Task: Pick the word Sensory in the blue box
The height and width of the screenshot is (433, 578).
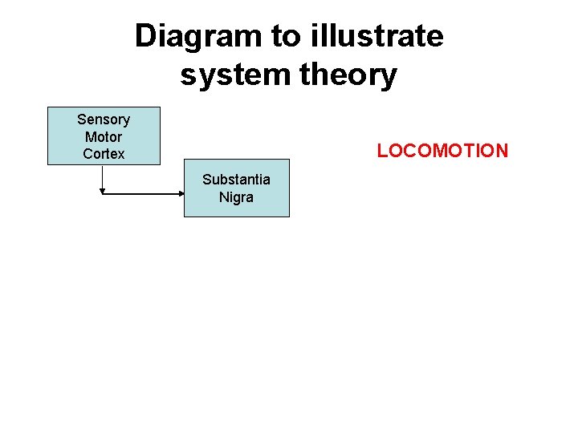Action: pos(104,119)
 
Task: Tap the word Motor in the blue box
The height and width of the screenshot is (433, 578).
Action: pos(104,136)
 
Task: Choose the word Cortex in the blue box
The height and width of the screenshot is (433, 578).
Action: pos(104,153)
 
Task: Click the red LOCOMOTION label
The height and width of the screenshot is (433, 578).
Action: pos(442,151)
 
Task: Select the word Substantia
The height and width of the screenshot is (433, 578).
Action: pos(236,180)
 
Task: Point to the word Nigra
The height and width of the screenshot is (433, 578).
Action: pos(236,196)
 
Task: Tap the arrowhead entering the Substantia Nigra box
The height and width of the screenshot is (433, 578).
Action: pos(181,193)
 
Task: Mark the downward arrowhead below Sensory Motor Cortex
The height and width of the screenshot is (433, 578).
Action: pos(103,191)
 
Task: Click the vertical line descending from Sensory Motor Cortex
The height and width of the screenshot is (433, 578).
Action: pos(103,176)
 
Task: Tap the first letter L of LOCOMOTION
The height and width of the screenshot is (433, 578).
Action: pos(382,151)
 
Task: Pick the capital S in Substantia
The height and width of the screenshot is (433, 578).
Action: pos(206,180)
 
